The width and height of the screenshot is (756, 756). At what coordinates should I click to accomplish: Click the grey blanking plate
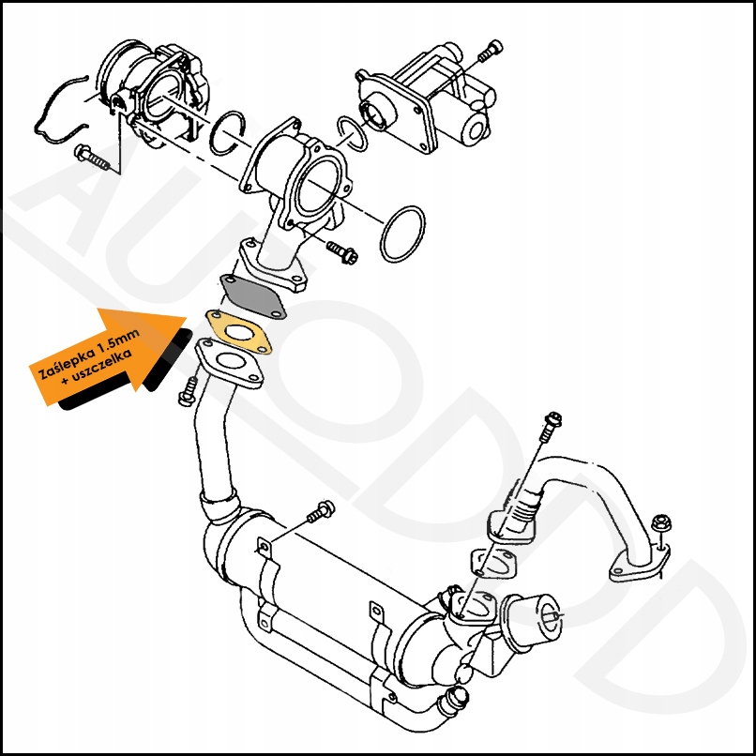pos(252,296)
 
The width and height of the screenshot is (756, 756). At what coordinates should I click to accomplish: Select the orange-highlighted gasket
pos(238,332)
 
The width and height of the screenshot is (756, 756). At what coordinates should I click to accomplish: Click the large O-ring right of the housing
pos(402,234)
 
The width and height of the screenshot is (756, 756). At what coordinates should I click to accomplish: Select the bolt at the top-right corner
pos(491,51)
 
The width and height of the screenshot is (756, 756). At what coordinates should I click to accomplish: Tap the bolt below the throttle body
pos(92,158)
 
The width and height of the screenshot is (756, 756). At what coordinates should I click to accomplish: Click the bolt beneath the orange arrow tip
pos(188,391)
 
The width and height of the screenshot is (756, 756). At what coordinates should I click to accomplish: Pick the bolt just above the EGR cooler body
pos(321,511)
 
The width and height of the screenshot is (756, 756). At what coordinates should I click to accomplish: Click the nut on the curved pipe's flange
pos(659,524)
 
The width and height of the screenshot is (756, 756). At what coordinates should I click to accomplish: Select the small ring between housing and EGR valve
pos(353,133)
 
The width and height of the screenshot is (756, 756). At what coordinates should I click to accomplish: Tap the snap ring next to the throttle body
pos(228,133)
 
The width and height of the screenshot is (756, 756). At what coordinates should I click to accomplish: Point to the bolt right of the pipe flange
pos(341,251)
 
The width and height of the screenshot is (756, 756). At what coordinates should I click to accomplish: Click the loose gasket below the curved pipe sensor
pos(493,563)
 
